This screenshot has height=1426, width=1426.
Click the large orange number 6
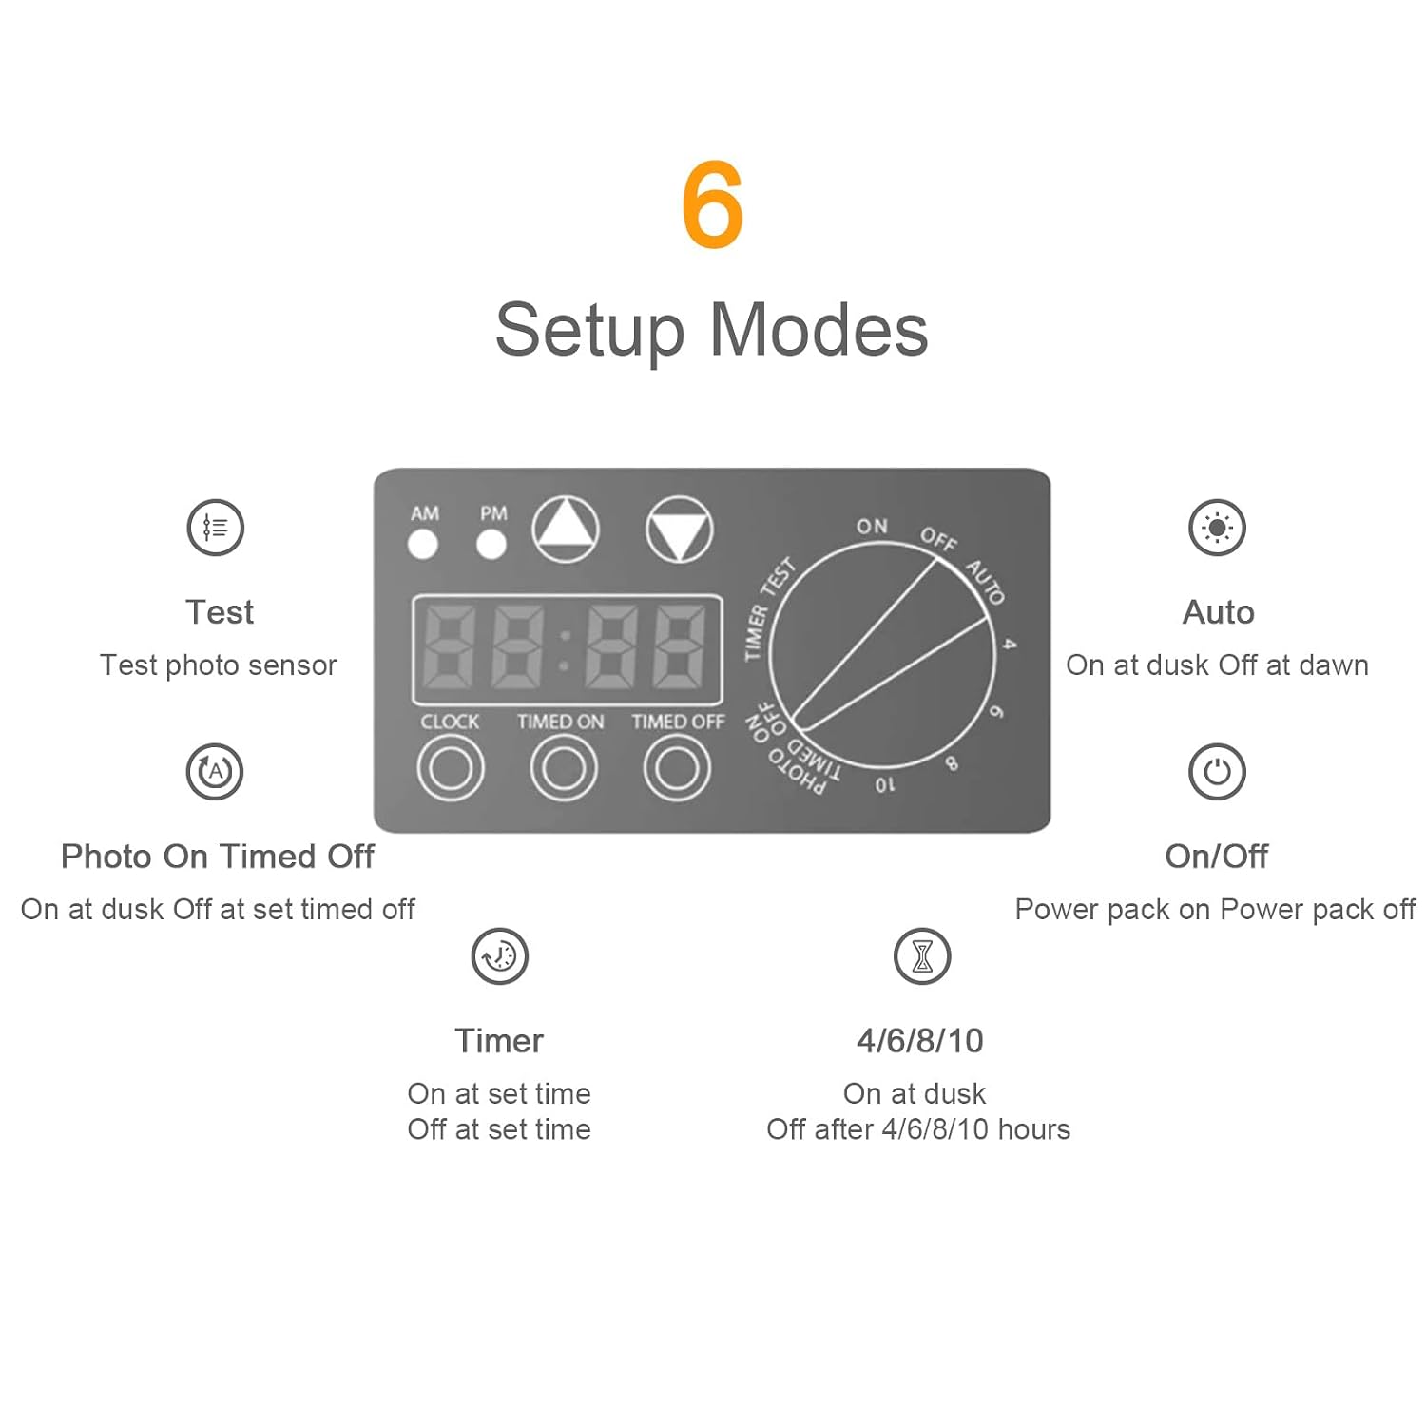click(712, 204)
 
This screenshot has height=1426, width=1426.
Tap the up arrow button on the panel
click(566, 530)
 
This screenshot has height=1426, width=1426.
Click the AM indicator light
click(423, 545)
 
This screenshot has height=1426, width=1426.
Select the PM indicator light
click(491, 545)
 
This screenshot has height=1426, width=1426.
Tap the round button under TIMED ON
click(564, 768)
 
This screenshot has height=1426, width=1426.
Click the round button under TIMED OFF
click(677, 768)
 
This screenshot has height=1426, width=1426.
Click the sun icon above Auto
click(1217, 528)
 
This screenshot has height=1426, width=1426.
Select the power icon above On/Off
click(1217, 772)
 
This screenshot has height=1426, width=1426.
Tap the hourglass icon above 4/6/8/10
click(922, 956)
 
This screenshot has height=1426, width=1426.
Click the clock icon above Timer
click(500, 956)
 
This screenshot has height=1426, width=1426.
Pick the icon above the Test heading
click(216, 528)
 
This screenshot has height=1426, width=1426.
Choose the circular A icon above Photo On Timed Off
click(215, 772)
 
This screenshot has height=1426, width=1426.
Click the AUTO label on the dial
click(986, 582)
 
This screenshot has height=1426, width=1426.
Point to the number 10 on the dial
click(885, 785)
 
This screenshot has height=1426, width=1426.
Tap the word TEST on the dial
click(779, 577)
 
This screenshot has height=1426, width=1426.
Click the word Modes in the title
click(819, 330)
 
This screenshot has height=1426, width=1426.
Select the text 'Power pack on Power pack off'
click(1215, 910)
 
